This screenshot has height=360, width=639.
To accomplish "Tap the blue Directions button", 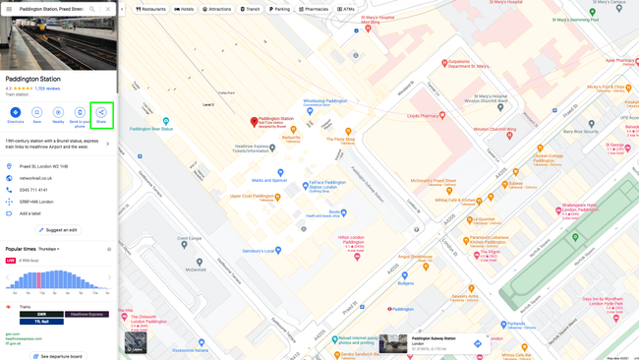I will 16,113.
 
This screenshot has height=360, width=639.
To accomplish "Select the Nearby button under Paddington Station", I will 58,113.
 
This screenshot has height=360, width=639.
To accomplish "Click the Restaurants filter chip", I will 151,9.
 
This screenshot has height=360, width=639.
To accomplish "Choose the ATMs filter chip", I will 346,9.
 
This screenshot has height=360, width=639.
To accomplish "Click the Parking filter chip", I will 281,9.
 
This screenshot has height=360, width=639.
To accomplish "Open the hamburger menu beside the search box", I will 9,9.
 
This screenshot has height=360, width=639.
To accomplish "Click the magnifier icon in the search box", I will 92,9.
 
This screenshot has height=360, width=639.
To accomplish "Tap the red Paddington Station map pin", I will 254,122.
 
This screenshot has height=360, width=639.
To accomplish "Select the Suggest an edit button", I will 58,230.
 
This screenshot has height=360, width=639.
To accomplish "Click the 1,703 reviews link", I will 47,89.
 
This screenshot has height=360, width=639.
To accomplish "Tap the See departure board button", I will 58,356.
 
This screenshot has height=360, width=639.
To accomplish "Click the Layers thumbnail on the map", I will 136,342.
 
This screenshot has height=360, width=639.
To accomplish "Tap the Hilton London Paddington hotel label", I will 352,240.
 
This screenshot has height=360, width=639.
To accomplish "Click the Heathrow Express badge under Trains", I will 87,315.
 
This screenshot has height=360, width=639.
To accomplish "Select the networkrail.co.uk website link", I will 35,178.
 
